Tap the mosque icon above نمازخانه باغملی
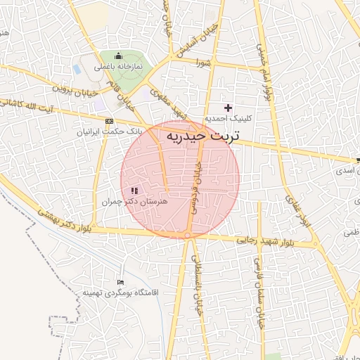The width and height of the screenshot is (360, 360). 118,56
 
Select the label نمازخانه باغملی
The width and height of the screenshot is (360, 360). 120,65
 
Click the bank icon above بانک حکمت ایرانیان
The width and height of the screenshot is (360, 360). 108,121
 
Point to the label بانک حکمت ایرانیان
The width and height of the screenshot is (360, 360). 109,131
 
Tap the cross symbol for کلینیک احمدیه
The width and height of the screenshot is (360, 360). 227,108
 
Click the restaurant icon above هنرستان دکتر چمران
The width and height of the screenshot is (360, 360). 134,190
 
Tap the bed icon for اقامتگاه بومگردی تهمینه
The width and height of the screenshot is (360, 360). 120,282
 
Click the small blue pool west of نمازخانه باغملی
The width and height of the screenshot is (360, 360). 77,70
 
